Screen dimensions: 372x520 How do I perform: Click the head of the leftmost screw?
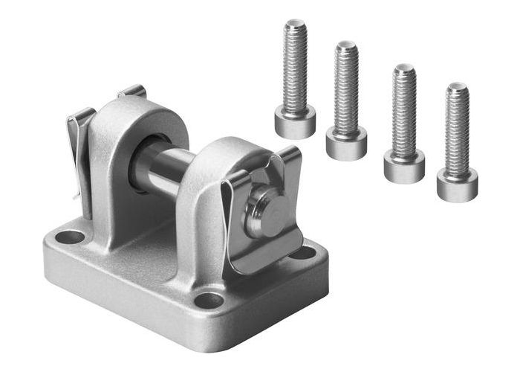pos(295,121)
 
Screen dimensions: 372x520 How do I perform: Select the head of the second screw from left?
pos(346,143)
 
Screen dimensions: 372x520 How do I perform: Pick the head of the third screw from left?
pos(404,166)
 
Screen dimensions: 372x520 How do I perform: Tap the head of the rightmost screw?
pos(458,185)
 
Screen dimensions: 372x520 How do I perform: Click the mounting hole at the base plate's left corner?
pos(71,238)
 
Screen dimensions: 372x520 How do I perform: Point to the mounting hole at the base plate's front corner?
pos(209,301)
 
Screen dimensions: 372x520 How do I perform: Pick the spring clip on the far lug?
pos(81,149)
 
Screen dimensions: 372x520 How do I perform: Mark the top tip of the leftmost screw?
pos(295,24)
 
